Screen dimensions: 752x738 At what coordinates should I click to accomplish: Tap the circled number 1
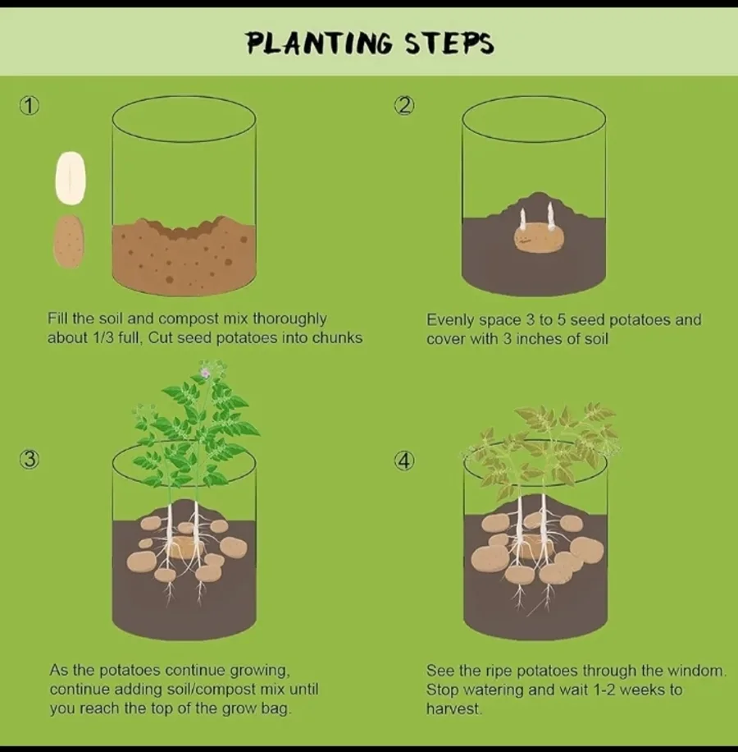30,106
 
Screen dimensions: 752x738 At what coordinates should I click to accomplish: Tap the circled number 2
404,106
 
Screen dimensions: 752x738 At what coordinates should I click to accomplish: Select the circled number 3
30,461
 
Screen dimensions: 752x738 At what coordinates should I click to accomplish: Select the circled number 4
404,461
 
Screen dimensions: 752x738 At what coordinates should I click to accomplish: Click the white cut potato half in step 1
70,178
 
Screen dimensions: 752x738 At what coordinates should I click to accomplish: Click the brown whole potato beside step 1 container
69,241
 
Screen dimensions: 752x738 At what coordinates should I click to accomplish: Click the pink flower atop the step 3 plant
205,374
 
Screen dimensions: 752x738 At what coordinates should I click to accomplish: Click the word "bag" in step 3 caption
274,708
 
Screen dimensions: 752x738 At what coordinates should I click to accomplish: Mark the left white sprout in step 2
522,218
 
